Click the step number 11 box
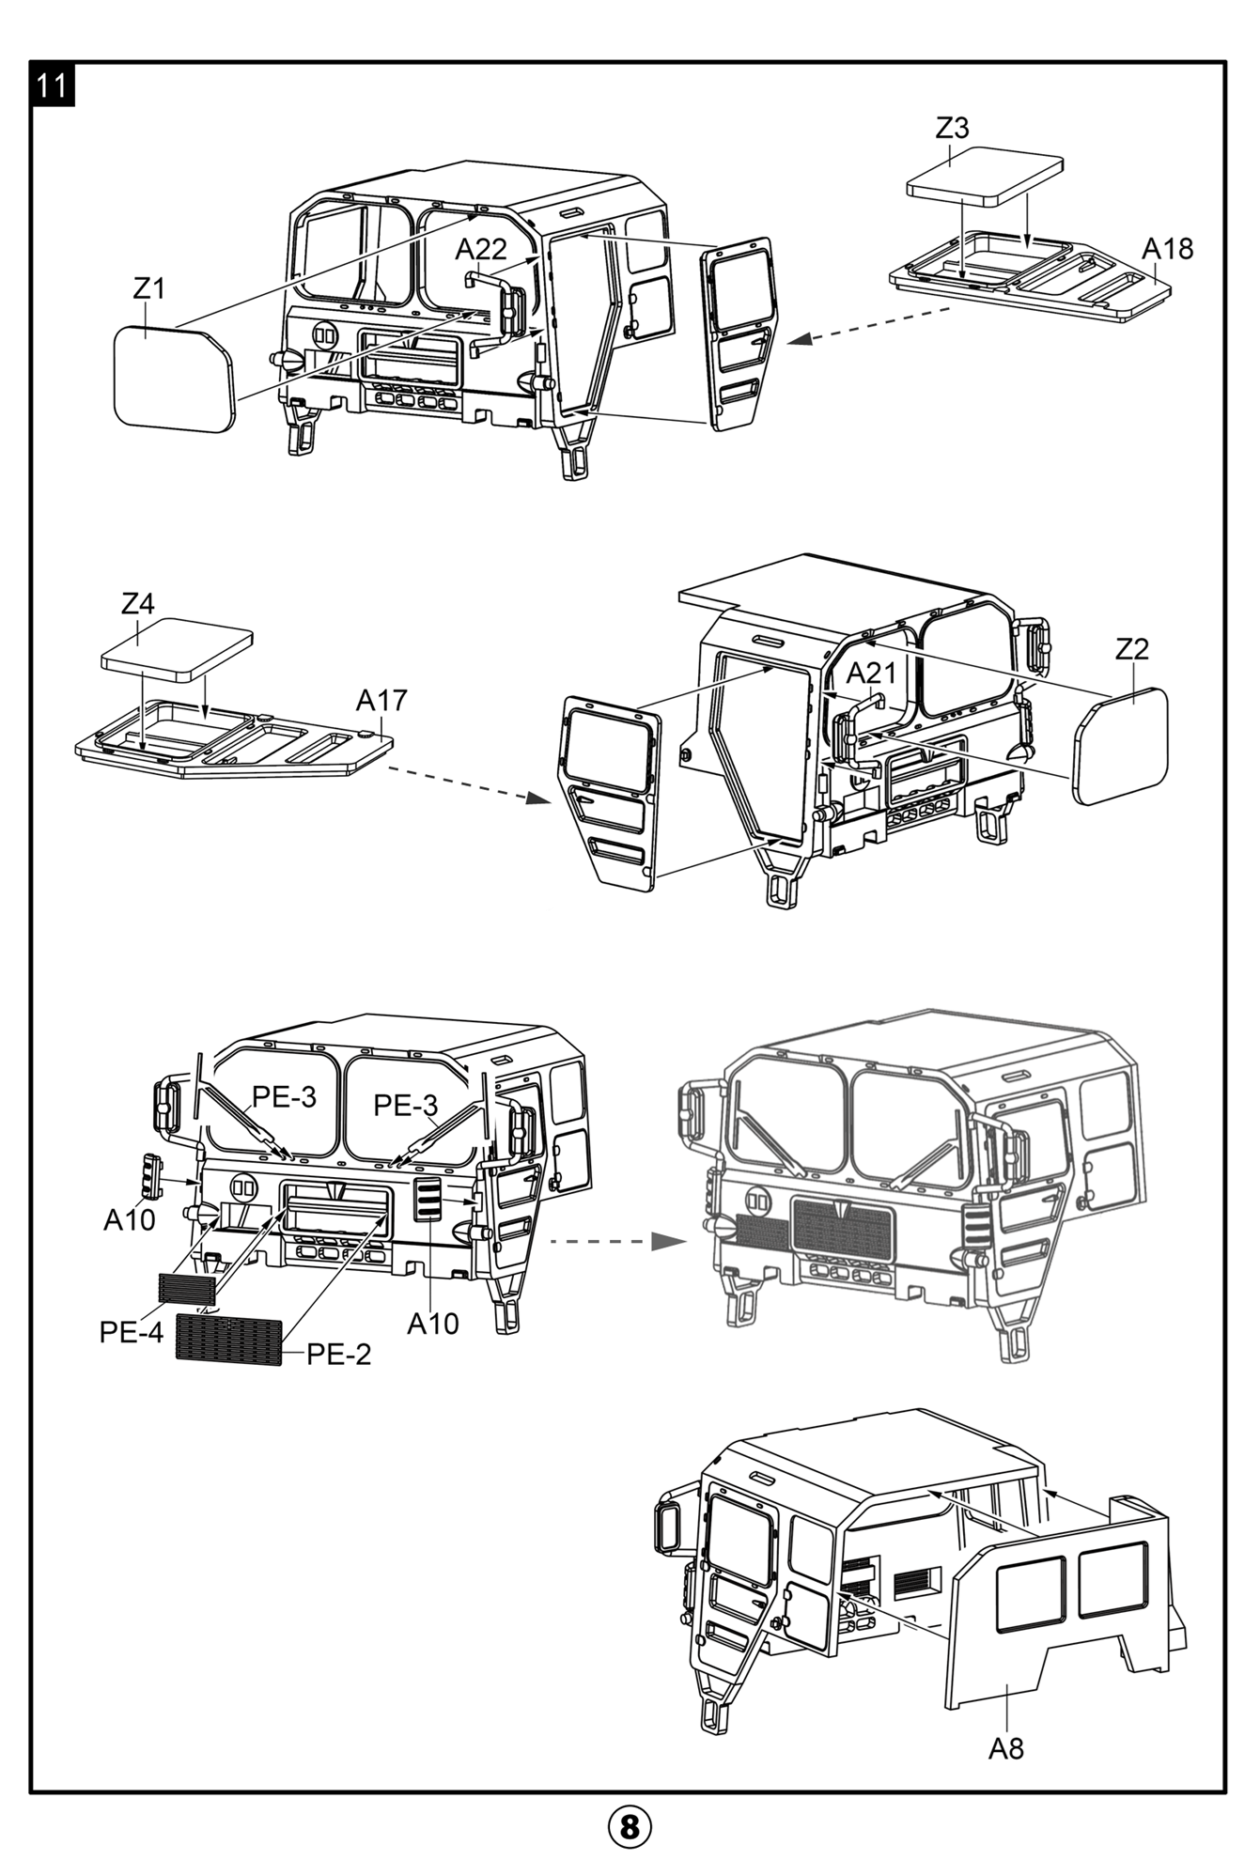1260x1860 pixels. (x=53, y=85)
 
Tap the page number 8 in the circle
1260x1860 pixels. (x=630, y=1827)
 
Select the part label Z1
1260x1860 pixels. (x=148, y=288)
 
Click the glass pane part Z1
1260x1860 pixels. (x=173, y=380)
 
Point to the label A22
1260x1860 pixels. (x=481, y=249)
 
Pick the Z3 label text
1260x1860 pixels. (x=952, y=129)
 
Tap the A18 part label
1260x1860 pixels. (x=1167, y=249)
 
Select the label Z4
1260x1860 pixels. (x=138, y=603)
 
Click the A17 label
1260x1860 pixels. (x=381, y=700)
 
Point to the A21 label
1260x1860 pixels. (x=871, y=673)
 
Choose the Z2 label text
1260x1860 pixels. (x=1132, y=649)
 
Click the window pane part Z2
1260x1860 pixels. (x=1125, y=745)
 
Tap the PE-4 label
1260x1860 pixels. (x=132, y=1332)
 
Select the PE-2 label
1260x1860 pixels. (x=339, y=1354)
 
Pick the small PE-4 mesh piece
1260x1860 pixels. (x=188, y=1288)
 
